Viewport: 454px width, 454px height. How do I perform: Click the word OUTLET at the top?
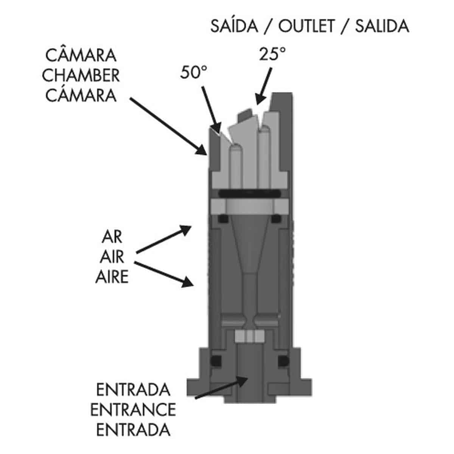click(306, 26)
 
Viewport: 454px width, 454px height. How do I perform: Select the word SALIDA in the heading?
click(382, 26)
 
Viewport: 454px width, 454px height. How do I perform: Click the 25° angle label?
click(272, 54)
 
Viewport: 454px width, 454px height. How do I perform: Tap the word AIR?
click(112, 257)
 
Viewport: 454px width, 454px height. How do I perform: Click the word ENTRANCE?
click(133, 410)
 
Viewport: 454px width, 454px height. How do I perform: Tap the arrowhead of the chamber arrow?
click(202, 150)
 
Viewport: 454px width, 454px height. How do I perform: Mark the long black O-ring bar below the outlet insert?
click(249, 194)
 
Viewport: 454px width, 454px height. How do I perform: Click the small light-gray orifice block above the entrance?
click(250, 336)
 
